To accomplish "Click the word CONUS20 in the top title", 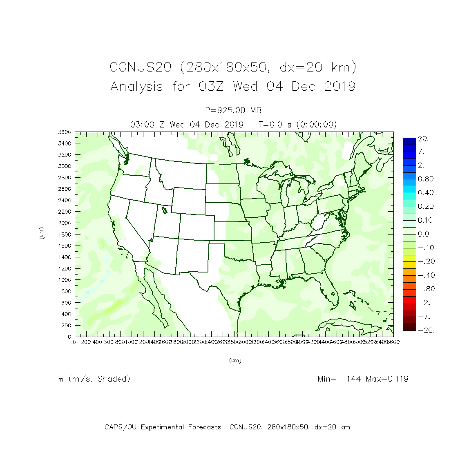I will pos(140,67).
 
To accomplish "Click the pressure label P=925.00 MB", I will pos(233,110).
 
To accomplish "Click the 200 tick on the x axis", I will pos(86,342).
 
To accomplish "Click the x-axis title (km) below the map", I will pos(235,360).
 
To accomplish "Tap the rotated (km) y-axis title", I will pos(41,233).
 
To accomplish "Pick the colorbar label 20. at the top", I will pos(423,139).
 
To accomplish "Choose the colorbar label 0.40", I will pos(425,193).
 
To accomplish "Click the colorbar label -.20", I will pos(425,261).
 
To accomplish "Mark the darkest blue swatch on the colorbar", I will pos(409,141).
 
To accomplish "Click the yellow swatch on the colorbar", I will pos(409,258).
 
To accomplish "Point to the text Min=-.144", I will pos(339,379).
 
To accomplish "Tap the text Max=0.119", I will pos(387,379).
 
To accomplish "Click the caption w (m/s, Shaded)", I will pos(94,379).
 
